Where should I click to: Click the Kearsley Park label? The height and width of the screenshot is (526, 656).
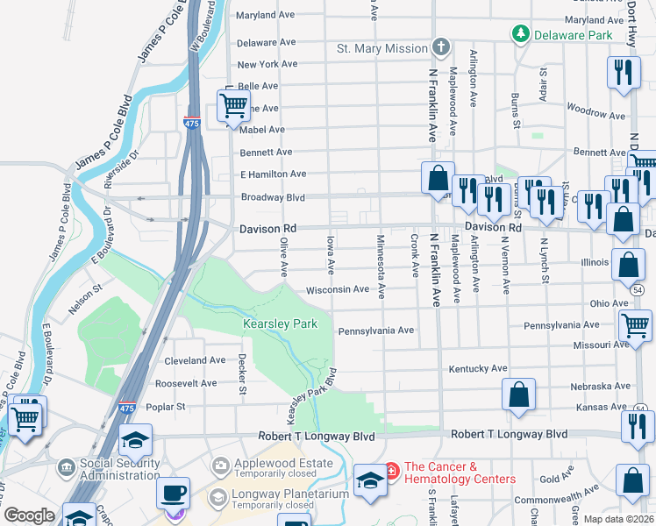tap(280, 324)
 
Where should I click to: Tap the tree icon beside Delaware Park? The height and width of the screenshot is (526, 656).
tap(520, 34)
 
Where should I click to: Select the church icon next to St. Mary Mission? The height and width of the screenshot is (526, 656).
tap(441, 47)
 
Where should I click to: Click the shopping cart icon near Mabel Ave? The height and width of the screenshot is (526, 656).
tap(233, 106)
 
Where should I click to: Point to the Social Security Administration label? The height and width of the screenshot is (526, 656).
tap(108, 469)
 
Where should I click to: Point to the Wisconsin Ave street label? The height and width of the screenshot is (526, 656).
tap(337, 289)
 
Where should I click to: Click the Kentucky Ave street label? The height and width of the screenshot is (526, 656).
tap(478, 368)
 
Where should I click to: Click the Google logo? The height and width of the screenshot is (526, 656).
tap(29, 515)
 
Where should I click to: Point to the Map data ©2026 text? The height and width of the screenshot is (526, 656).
tap(618, 519)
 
